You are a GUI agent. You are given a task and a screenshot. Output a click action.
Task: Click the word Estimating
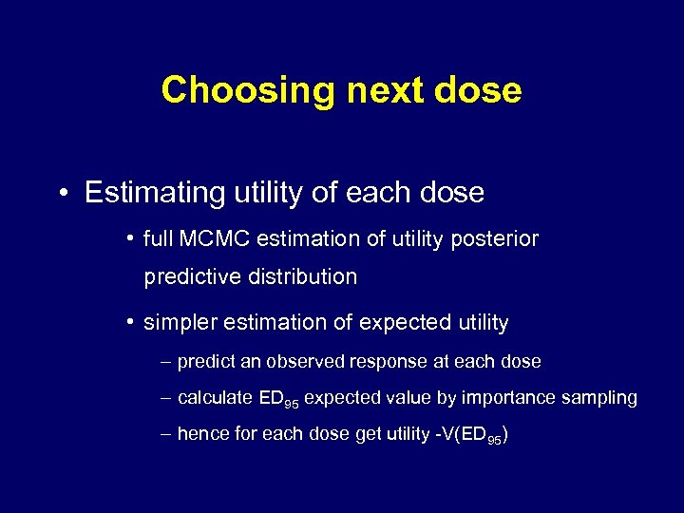point(153,193)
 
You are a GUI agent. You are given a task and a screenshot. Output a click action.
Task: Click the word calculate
point(215,398)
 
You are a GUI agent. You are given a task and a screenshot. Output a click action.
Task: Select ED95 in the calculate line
point(278,399)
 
